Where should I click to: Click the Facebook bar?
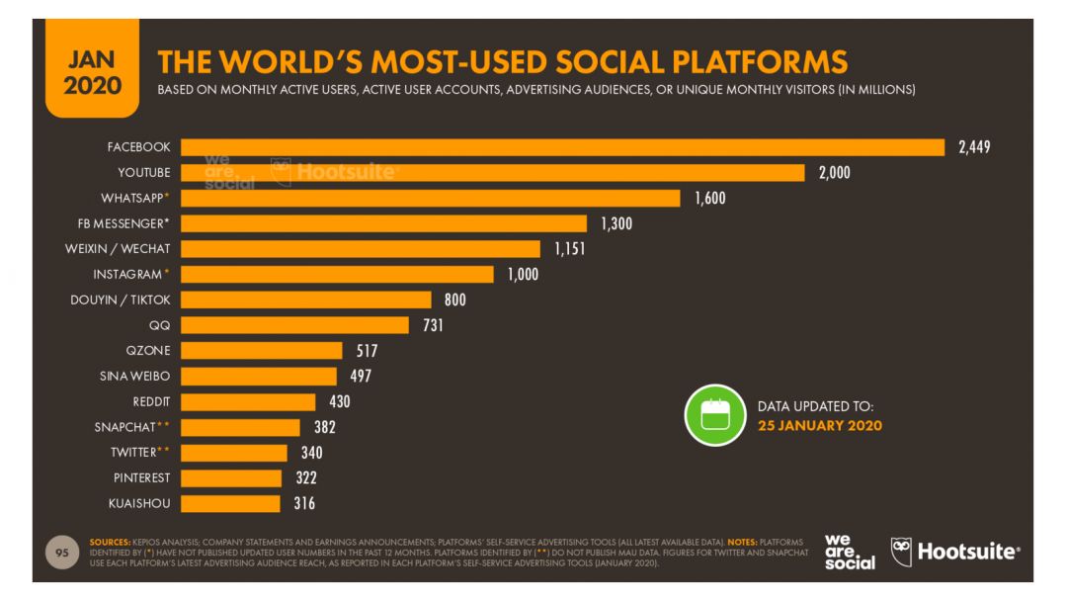tap(563, 147)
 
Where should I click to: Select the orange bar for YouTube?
tap(493, 173)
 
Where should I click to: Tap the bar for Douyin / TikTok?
tap(306, 300)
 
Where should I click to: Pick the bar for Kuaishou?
tap(231, 503)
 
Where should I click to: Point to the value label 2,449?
tap(974, 147)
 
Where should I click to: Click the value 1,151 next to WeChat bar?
tap(569, 249)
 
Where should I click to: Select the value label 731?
tap(433, 325)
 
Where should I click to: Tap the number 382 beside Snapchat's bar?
tap(325, 427)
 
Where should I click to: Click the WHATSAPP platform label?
tap(132, 198)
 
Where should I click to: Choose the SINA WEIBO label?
tap(135, 376)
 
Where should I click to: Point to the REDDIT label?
tap(151, 401)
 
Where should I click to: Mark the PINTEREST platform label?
tap(140, 477)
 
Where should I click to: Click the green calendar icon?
tap(714, 415)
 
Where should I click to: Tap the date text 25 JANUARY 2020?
tap(819, 425)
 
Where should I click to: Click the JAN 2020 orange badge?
tap(92, 74)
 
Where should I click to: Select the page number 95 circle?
tap(62, 553)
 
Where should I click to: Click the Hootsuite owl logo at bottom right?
tap(901, 551)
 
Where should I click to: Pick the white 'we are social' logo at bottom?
tap(850, 553)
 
